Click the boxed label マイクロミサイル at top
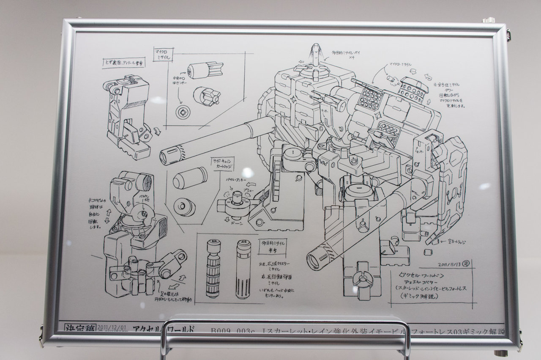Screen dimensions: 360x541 pyautogui.click(x=163, y=55)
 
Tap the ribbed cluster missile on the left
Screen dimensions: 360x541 pyautogui.click(x=213, y=268)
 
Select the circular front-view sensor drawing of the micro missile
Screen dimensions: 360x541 pyautogui.click(x=183, y=112)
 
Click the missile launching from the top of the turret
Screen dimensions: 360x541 pyautogui.click(x=315, y=55)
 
